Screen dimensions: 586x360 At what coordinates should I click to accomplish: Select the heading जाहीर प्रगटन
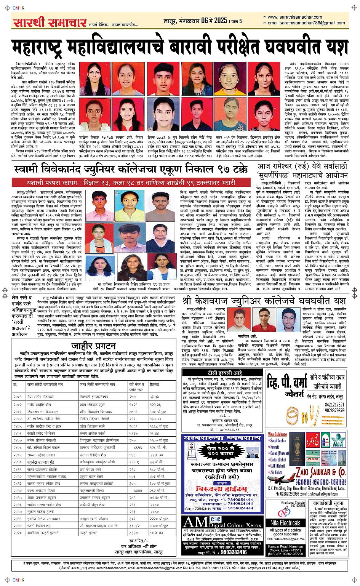pyautogui.click(x=93, y=346)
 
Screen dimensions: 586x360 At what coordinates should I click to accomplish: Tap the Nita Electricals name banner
pyautogui.click(x=285, y=522)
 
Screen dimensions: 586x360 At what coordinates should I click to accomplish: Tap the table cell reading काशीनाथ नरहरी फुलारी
pyautogui.click(x=43, y=533)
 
